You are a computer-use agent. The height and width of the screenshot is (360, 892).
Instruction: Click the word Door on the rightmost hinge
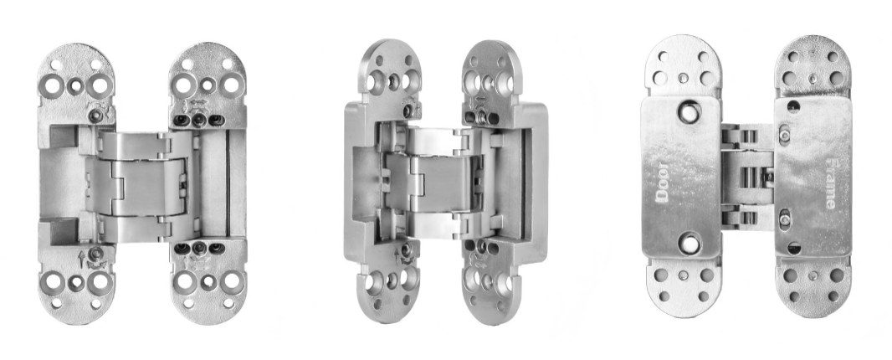(662, 182)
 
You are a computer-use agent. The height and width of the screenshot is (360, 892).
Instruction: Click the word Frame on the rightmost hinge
(830, 183)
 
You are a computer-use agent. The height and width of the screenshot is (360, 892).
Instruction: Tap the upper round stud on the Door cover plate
(689, 112)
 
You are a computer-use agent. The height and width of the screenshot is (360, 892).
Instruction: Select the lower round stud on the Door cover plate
(690, 244)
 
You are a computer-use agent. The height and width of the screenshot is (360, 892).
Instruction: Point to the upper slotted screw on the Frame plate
(785, 135)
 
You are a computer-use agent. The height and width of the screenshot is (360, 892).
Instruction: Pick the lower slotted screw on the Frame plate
(785, 219)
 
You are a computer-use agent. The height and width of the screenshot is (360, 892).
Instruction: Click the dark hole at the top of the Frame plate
(793, 106)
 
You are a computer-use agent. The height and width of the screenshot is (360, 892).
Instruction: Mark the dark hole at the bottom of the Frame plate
(794, 249)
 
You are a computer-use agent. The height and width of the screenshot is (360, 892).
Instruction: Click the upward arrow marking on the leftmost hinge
(81, 260)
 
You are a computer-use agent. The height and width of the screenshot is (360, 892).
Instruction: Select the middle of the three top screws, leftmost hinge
(198, 121)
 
